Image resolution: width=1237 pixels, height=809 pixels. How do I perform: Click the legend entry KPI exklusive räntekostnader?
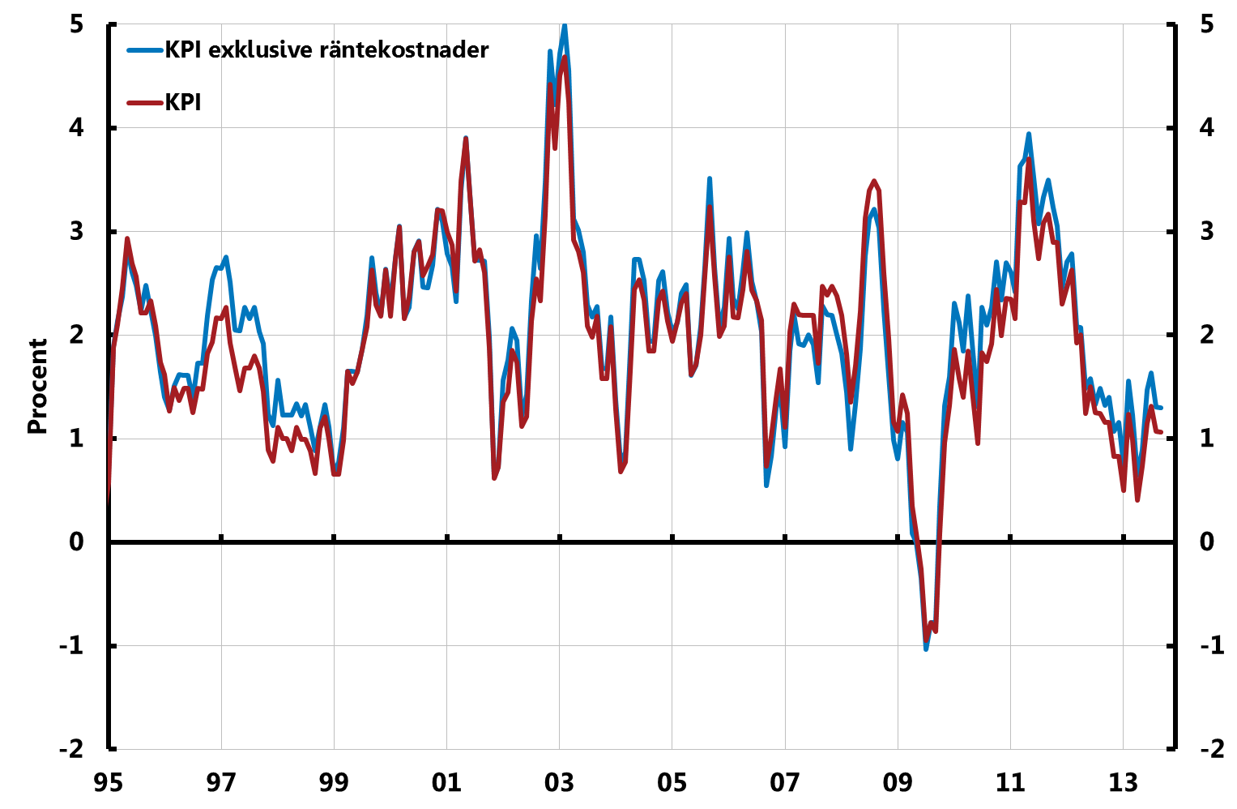(326, 50)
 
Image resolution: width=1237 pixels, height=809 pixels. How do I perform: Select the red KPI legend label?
(183, 103)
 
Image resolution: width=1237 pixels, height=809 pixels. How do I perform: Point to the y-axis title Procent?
(37, 387)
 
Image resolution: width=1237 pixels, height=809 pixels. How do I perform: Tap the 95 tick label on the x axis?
(109, 783)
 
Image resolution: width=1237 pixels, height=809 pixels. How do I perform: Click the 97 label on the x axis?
(221, 783)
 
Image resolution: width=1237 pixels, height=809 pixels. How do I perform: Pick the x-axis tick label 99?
(334, 783)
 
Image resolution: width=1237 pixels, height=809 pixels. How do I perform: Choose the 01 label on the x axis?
(446, 783)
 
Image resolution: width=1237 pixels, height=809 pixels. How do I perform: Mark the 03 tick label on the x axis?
(559, 783)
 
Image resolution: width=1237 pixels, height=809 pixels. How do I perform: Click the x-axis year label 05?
(672, 783)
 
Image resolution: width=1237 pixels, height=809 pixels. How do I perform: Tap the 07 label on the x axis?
(785, 783)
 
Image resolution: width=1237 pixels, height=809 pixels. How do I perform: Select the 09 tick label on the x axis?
(898, 783)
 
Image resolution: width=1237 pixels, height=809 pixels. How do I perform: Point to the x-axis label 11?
(1010, 783)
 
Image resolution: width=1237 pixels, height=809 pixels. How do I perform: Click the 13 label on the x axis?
(1123, 783)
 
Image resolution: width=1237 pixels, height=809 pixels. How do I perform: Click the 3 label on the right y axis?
(1207, 232)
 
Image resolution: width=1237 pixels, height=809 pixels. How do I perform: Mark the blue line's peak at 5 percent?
(565, 26)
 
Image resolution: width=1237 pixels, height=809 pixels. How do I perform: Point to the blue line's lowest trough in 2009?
(926, 648)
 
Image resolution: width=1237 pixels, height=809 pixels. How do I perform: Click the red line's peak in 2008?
(874, 182)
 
